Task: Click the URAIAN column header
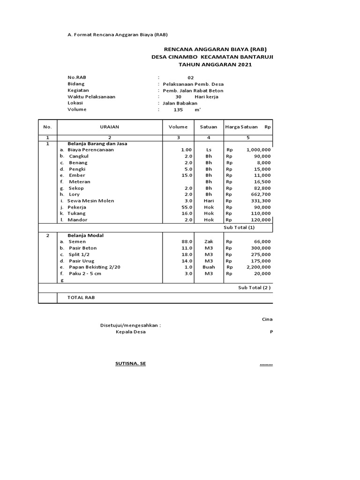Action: [x=110, y=127]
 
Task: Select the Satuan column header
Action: [x=209, y=127]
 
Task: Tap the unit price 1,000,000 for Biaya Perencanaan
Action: [x=258, y=150]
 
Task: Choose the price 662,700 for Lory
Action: [x=260, y=194]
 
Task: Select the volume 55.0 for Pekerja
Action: [x=187, y=207]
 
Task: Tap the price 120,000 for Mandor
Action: [x=260, y=220]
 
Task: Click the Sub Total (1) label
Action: [x=240, y=227]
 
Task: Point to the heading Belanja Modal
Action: [x=86, y=235]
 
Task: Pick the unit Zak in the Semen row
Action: [x=209, y=242]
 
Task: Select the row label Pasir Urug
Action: [x=82, y=261]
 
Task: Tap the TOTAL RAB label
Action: [x=81, y=298]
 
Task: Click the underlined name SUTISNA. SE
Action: [x=131, y=363]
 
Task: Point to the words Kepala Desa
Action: [x=131, y=332]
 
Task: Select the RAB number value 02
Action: [x=190, y=78]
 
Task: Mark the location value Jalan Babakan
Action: [x=180, y=103]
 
